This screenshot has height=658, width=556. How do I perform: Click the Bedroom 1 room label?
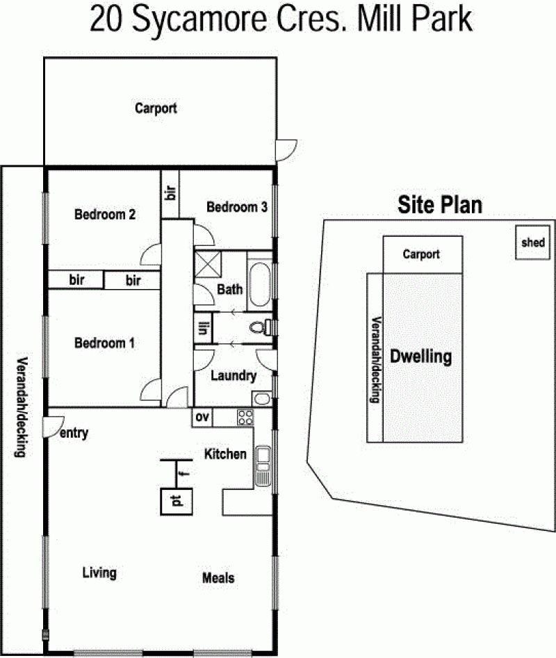[104, 343]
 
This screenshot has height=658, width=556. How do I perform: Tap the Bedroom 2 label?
[105, 215]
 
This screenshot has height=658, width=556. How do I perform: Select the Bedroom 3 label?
[237, 207]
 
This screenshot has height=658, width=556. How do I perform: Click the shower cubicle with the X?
[208, 264]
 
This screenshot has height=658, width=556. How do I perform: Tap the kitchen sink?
[263, 466]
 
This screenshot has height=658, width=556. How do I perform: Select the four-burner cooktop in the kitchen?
[245, 418]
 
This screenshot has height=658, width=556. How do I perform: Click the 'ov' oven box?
[202, 418]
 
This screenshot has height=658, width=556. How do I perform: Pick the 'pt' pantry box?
[177, 502]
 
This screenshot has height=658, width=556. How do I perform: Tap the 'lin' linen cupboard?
[203, 328]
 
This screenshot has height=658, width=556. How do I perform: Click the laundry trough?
[262, 399]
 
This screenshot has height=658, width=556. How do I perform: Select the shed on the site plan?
[532, 242]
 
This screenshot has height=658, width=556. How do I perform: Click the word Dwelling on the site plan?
[421, 356]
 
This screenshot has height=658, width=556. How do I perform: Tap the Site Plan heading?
[440, 205]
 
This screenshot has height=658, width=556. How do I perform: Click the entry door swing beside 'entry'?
[54, 427]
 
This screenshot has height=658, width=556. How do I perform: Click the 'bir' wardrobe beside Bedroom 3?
[170, 193]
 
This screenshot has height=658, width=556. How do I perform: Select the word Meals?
[218, 578]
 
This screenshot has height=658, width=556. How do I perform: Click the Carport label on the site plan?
[421, 254]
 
